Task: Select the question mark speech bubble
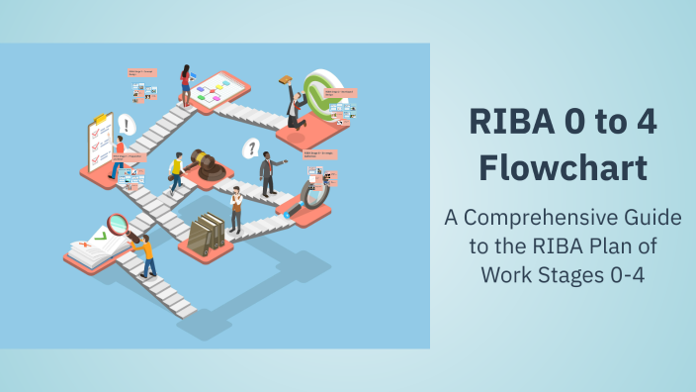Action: coord(252,148)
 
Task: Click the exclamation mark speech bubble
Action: coord(127,126)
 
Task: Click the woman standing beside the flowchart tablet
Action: coord(185,83)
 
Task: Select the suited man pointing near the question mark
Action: coord(268,172)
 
